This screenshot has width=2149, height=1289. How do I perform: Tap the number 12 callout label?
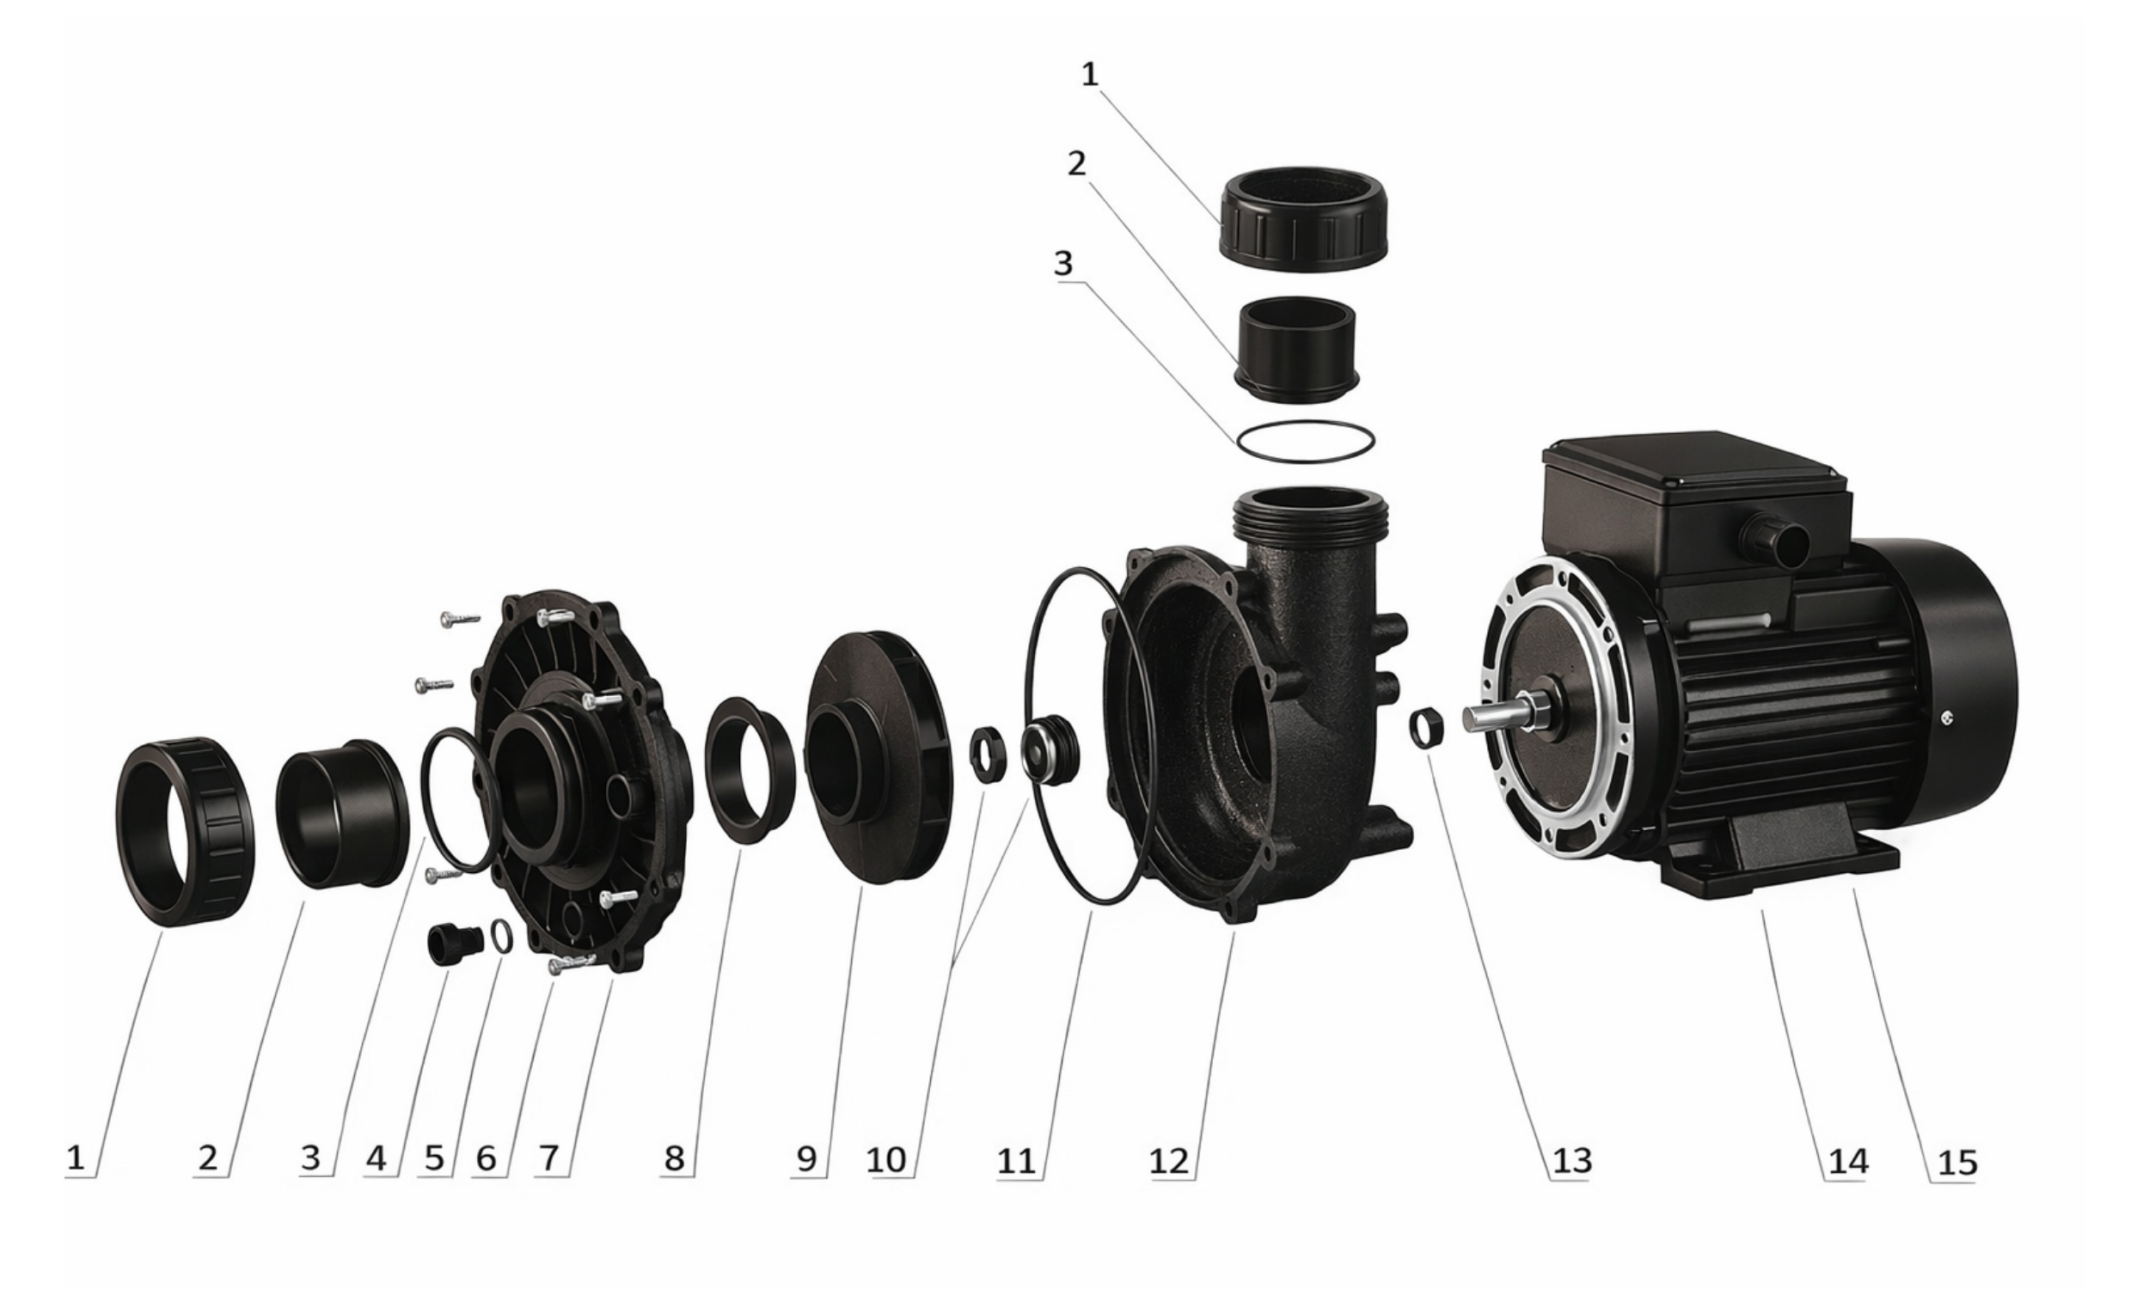click(1169, 1159)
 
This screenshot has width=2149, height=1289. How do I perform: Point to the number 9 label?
click(807, 1158)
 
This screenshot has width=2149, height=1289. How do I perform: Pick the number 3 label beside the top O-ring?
click(1063, 263)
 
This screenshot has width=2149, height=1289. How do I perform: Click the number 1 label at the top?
click(1090, 75)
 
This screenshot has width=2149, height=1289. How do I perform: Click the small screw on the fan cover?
click(1948, 717)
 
